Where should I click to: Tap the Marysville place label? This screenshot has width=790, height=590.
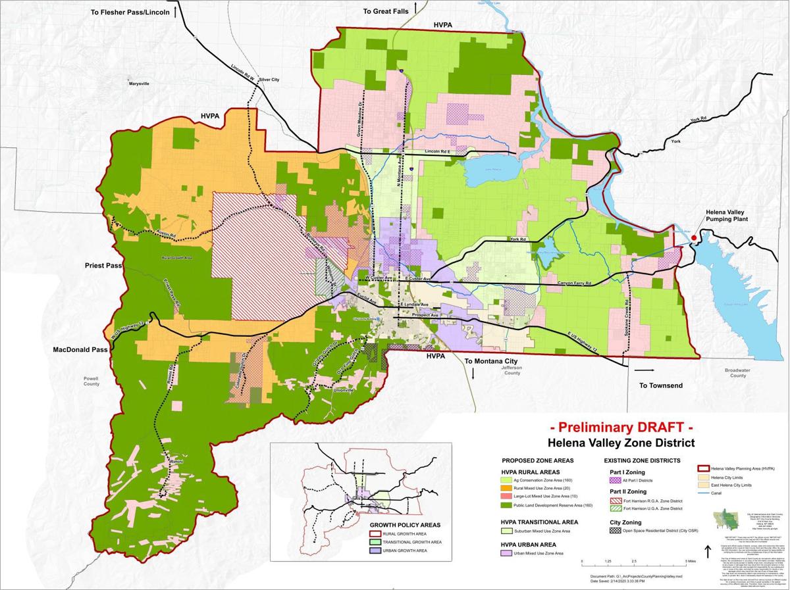click(139, 84)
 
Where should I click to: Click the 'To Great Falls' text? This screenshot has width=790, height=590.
click(386, 11)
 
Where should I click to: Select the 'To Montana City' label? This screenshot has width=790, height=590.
click(490, 361)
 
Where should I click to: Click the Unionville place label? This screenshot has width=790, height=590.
click(349, 390)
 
